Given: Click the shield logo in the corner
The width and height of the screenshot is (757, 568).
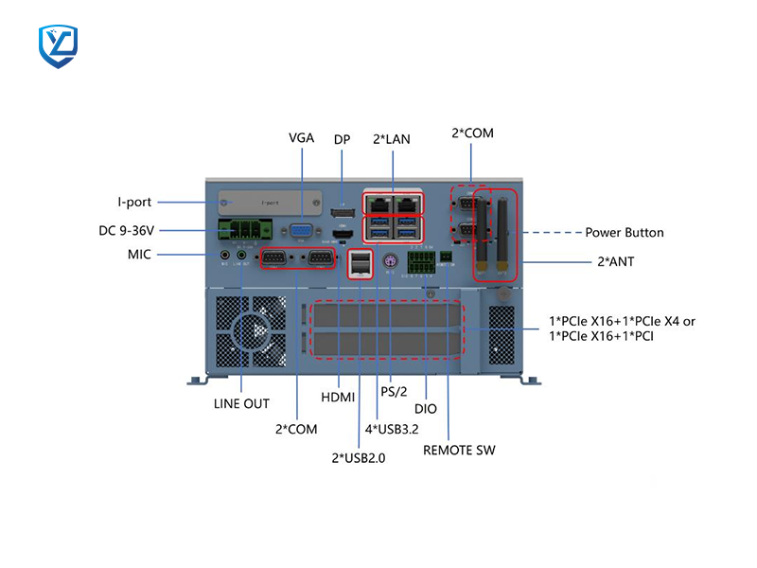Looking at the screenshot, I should (x=58, y=46).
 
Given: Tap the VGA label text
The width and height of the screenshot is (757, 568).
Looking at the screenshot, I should (x=301, y=138).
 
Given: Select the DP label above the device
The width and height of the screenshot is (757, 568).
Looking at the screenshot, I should (x=342, y=139).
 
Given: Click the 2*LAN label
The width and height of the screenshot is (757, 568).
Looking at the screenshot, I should (x=392, y=139).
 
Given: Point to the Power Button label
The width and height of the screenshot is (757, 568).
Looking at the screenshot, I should (x=625, y=232).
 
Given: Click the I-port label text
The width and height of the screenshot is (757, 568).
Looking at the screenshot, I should (x=134, y=202).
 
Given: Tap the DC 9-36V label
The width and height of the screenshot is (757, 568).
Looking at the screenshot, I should (x=139, y=230).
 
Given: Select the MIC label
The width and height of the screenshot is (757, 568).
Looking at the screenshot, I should (x=139, y=254).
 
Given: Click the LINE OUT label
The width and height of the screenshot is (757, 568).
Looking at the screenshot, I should (x=241, y=403).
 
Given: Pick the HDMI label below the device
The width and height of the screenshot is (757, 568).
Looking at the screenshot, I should (x=338, y=397).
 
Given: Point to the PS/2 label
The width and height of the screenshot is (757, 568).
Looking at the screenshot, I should (x=394, y=391).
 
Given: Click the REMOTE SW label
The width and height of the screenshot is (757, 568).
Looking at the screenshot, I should (x=459, y=450).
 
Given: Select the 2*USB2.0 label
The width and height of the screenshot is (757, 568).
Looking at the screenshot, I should (x=358, y=457).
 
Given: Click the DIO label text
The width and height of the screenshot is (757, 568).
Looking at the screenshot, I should (x=426, y=409).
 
